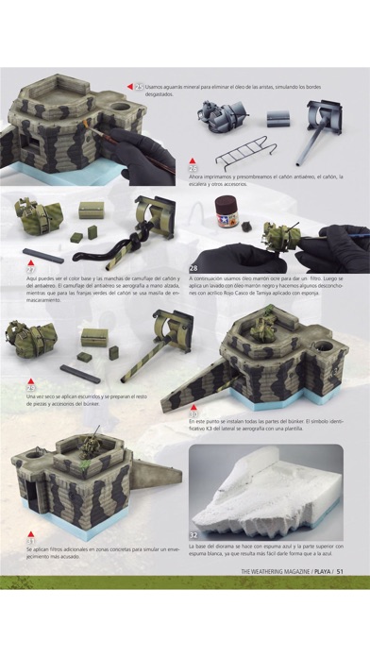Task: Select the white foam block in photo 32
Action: (274, 487)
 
